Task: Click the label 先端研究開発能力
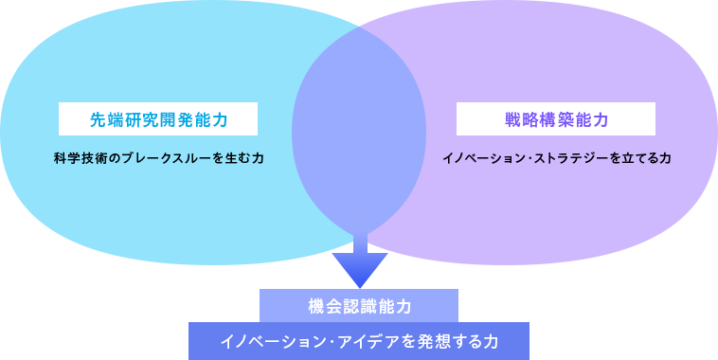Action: (158, 119)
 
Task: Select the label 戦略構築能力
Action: (556, 119)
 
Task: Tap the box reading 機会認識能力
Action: (359, 306)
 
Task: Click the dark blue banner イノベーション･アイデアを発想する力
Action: (359, 341)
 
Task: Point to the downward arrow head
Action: (360, 269)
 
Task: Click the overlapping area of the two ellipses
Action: (359, 133)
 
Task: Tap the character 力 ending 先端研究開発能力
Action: (220, 119)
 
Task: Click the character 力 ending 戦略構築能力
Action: (601, 119)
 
